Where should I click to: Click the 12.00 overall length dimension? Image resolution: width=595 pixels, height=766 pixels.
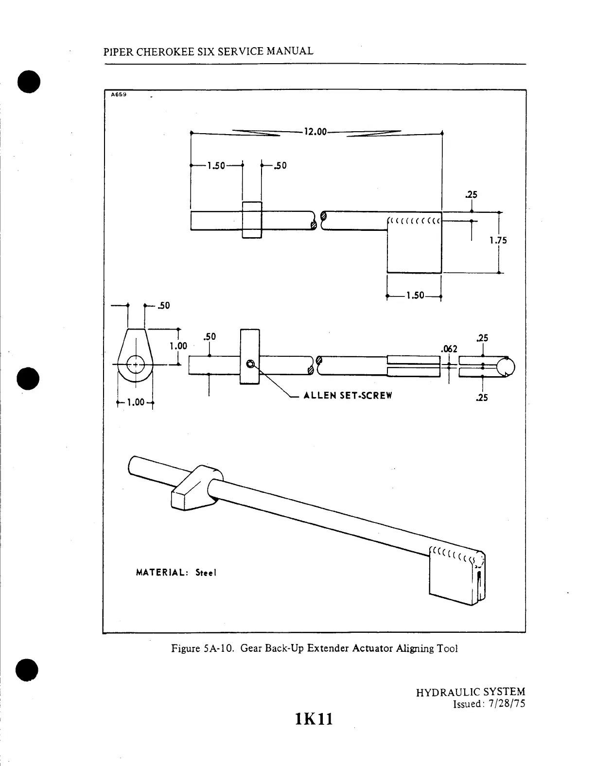point(316,132)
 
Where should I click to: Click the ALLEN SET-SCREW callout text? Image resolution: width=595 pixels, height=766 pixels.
point(348,395)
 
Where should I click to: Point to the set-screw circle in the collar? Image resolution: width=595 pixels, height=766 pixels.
point(250,364)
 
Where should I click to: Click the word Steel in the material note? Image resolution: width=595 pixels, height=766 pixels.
point(206,573)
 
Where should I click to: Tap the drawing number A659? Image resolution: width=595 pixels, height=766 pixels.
point(118,95)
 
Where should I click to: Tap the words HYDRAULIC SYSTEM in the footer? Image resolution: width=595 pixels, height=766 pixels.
point(471,692)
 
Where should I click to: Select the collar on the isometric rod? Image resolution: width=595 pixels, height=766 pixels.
point(194,488)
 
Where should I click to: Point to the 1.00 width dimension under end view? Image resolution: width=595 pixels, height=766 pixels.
point(136,402)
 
